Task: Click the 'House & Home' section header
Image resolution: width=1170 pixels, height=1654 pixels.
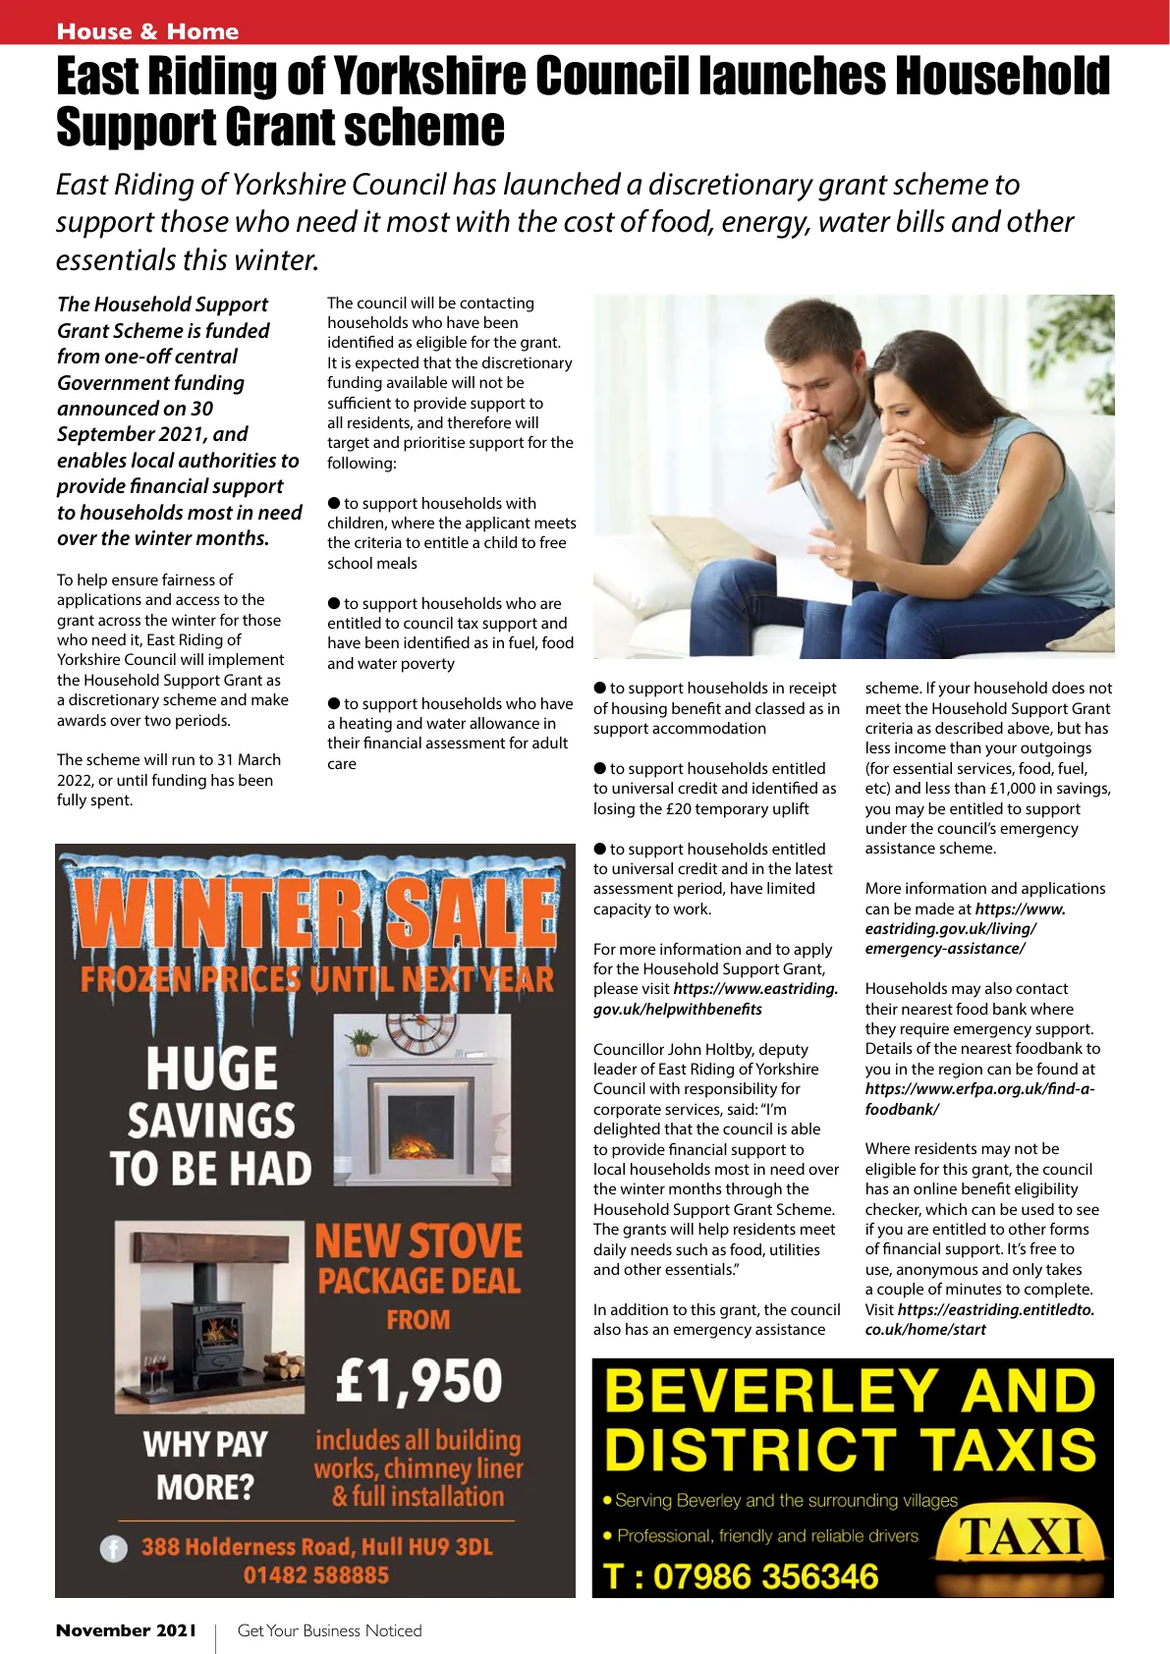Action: pos(147,31)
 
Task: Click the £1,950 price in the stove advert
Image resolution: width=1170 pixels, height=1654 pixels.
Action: pos(419,1380)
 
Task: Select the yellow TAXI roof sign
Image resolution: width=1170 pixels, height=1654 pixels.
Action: pos(1022,1538)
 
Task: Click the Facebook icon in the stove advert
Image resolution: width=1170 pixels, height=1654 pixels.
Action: pos(114,1549)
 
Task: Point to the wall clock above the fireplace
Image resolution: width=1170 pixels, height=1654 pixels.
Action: pos(419,1030)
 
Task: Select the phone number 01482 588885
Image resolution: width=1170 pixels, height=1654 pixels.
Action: pos(316,1575)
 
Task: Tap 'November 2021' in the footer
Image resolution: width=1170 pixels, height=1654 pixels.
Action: pos(126,1630)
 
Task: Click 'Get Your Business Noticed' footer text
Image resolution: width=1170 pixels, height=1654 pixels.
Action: pos(329,1630)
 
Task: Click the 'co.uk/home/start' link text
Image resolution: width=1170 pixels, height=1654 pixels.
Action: pos(925,1330)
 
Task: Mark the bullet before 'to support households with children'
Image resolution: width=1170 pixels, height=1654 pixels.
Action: pos(334,503)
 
